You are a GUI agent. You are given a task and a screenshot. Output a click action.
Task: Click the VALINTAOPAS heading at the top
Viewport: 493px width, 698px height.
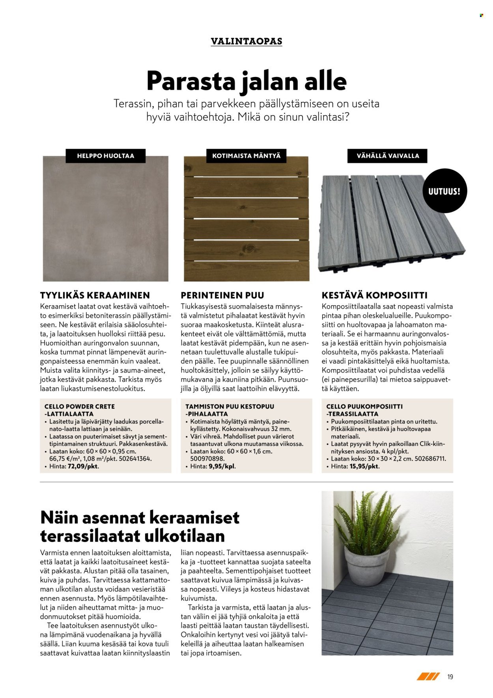tap(246, 41)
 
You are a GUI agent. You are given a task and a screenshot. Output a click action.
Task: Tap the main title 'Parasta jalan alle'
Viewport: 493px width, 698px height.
tap(246, 81)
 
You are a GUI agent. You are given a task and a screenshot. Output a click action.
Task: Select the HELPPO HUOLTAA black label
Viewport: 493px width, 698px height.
tap(105, 156)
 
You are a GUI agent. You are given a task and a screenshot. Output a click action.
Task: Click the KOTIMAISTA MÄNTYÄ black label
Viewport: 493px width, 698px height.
tap(246, 156)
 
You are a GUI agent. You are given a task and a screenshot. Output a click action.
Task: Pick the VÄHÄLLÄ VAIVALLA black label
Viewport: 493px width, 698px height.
tap(387, 156)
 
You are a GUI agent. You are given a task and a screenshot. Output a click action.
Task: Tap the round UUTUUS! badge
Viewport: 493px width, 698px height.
tap(444, 191)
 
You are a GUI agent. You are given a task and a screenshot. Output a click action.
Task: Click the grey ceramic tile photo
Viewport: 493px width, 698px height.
tap(105, 221)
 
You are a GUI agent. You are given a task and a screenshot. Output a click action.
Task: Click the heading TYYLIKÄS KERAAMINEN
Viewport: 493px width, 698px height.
tap(95, 295)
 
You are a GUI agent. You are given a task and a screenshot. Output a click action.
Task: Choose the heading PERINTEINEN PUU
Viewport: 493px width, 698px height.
tap(222, 295)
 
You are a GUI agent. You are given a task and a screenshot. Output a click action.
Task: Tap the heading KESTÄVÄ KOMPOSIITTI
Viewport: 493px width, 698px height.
tap(375, 295)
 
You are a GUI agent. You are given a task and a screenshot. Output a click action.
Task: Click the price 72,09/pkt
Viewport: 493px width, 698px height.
tap(83, 466)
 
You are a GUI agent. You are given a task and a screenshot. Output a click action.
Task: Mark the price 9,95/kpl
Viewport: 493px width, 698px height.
tap(222, 466)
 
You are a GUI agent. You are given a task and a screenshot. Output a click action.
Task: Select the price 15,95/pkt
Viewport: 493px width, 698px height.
tap(364, 466)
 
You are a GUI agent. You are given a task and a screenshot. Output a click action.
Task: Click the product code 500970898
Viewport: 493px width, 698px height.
tap(207, 459)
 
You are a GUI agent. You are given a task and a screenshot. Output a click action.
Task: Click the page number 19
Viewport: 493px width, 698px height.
tap(450, 677)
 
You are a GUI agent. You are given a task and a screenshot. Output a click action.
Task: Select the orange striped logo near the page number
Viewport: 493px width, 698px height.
tap(428, 677)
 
